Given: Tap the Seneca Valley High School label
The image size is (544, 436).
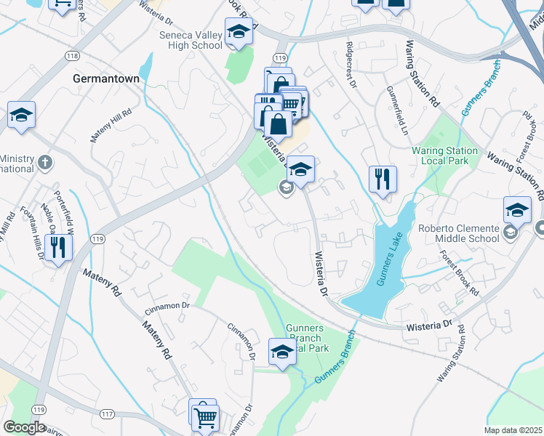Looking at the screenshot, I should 191,39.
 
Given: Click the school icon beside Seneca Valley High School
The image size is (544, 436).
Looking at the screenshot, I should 238,32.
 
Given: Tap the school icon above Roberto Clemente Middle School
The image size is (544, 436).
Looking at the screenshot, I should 517,210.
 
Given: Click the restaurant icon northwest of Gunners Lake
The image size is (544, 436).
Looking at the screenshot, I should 383,178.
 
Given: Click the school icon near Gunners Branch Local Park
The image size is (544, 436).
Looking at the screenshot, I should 282,352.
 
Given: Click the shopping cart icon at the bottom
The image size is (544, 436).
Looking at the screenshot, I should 206,417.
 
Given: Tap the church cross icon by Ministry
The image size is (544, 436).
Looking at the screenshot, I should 44,162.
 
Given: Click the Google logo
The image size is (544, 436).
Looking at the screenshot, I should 24,427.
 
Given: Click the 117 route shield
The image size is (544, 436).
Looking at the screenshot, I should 107,413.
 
